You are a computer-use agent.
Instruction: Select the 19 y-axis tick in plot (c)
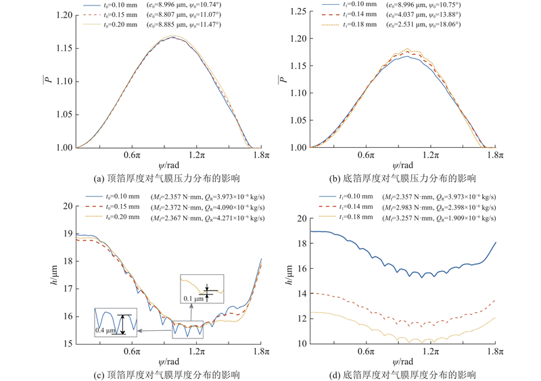click(66, 233)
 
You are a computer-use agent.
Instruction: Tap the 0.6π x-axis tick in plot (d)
click(366, 351)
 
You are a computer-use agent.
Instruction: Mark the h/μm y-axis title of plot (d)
click(284, 280)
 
